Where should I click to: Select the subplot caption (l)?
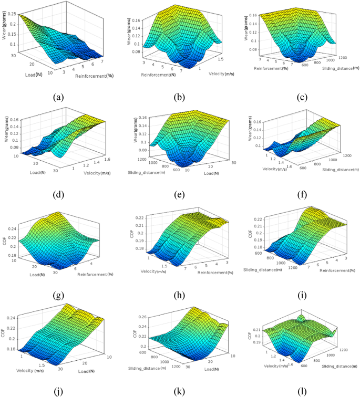click(299, 391)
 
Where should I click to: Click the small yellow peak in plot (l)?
click(300, 318)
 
